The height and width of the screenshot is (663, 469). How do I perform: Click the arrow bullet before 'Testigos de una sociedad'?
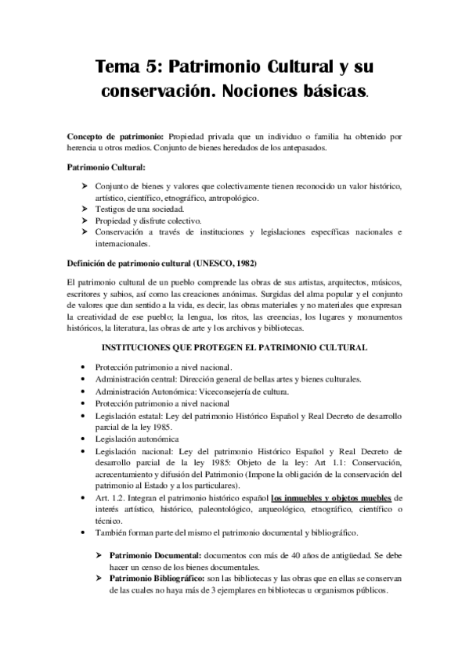click(85, 210)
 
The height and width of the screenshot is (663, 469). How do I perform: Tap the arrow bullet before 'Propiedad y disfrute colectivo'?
click(85, 221)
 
